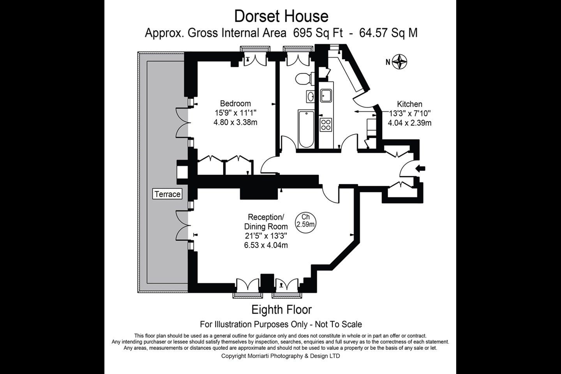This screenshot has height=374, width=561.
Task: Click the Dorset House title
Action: pyautogui.click(x=281, y=16)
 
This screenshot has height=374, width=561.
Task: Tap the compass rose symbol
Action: pyautogui.click(x=399, y=62)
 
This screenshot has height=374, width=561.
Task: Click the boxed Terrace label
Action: pyautogui.click(x=167, y=194)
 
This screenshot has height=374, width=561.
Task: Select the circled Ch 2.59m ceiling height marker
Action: pyautogui.click(x=305, y=223)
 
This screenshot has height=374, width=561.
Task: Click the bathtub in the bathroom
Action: pyautogui.click(x=306, y=129)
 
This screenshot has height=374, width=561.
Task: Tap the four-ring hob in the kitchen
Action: pyautogui.click(x=326, y=125)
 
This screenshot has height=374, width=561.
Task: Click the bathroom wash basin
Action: pyautogui.click(x=310, y=97)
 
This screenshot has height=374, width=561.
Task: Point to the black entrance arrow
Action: pyautogui.click(x=420, y=169)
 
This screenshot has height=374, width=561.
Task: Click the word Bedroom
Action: pyautogui.click(x=235, y=103)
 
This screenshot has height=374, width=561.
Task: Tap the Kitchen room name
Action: pyautogui.click(x=410, y=104)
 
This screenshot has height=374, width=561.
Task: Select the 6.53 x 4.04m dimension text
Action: pyautogui.click(x=266, y=245)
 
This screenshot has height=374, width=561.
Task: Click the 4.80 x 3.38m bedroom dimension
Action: pyautogui.click(x=235, y=122)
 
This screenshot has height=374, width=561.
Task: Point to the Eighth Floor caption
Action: pyautogui.click(x=282, y=310)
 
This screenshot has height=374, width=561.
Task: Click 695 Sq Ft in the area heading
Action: pyautogui.click(x=318, y=33)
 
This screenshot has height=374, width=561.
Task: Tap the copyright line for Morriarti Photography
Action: pyautogui.click(x=280, y=356)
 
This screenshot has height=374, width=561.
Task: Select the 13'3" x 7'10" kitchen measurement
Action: pyautogui.click(x=409, y=113)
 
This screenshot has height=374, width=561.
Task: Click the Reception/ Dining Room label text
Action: pyautogui.click(x=266, y=222)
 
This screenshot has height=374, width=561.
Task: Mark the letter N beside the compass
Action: pyautogui.click(x=388, y=62)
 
